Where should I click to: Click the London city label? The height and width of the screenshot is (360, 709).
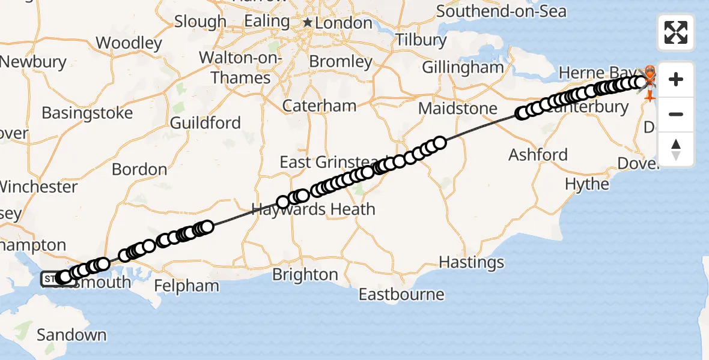[x=344, y=23]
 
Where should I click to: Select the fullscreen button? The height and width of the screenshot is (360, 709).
[x=676, y=32]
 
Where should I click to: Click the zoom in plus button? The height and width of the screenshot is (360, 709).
[x=676, y=79]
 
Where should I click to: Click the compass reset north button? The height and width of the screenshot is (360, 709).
[x=676, y=149]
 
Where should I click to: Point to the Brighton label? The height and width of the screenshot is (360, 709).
[x=305, y=274]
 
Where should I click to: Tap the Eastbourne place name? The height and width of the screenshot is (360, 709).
[x=401, y=295]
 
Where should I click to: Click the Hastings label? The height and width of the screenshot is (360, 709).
[x=472, y=262]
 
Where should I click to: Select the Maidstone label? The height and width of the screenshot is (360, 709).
[x=458, y=109]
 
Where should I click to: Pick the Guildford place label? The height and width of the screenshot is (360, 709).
[x=205, y=123]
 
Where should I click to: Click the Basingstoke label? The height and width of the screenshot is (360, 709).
[x=87, y=113]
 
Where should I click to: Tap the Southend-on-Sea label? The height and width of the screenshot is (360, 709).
[x=501, y=11]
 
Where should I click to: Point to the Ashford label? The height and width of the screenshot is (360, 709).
[x=538, y=155]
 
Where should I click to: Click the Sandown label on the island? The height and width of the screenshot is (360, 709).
[x=72, y=335]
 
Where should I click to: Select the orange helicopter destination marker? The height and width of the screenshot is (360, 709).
[x=650, y=78]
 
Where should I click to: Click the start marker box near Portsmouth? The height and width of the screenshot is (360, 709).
[x=50, y=278]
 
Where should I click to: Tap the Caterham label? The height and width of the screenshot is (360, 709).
[x=320, y=106]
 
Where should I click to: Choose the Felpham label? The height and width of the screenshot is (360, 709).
[x=186, y=286]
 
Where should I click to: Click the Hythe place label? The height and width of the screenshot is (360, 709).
[x=587, y=184]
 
